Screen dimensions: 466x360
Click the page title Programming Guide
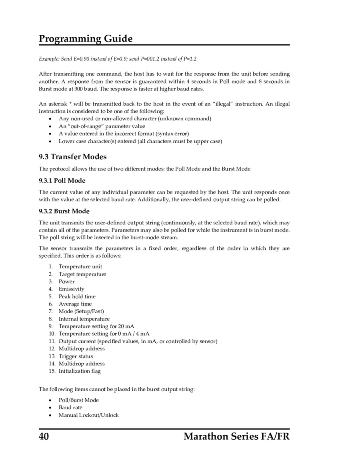click(x=86, y=39)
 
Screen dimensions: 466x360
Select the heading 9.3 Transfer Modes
click(x=73, y=156)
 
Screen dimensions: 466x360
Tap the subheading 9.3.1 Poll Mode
click(x=62, y=180)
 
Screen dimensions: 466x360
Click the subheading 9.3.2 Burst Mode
click(x=64, y=211)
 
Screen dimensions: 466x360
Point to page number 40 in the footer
click(x=44, y=436)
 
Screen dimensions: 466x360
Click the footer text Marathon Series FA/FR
click(x=236, y=436)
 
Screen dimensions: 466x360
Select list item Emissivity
click(x=72, y=289)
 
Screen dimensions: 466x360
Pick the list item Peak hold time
click(x=77, y=296)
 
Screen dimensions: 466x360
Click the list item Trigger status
click(x=76, y=356)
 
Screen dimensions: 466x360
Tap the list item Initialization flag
click(x=80, y=371)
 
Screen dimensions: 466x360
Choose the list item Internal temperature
click(x=84, y=319)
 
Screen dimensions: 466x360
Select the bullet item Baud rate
click(x=70, y=407)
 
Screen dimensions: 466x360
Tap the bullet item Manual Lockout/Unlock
click(x=89, y=415)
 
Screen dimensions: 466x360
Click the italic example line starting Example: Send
click(x=118, y=59)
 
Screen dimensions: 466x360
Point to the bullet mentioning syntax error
click(x=124, y=134)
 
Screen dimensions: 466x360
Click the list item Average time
click(x=75, y=304)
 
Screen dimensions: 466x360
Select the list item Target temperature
click(x=82, y=274)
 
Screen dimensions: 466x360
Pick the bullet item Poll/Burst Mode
click(x=79, y=400)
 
